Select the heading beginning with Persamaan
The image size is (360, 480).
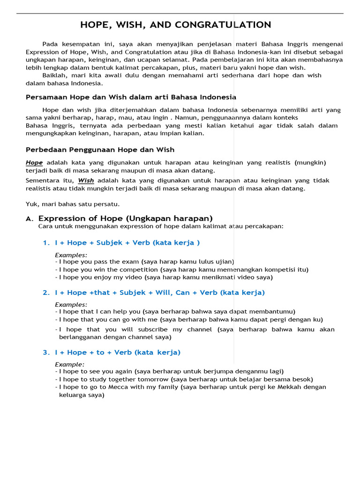point(131,97)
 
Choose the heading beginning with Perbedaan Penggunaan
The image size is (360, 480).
point(100,150)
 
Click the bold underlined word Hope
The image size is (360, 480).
point(34,163)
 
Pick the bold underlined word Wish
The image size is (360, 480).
point(86,180)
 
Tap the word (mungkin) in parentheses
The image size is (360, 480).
point(310,163)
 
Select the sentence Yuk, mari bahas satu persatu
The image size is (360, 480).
point(73,204)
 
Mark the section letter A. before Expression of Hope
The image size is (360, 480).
point(30,219)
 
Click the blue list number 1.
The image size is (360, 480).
point(46,243)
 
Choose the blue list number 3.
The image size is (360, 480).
point(46,352)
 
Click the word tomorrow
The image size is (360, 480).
point(154,379)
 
